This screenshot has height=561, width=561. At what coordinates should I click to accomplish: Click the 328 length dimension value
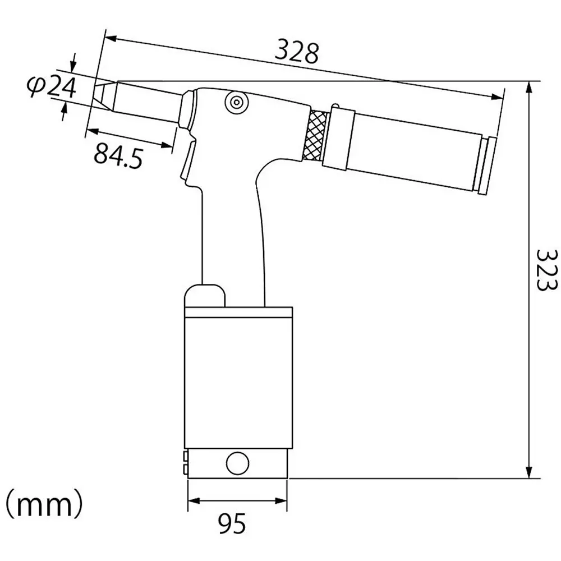coord(296,53)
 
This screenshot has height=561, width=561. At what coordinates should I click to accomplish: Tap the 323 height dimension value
coord(545,269)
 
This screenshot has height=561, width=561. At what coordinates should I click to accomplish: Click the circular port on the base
coord(237,463)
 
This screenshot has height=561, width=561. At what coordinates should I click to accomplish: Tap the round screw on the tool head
coord(236,102)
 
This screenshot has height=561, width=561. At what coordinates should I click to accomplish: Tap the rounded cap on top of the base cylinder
coord(205,295)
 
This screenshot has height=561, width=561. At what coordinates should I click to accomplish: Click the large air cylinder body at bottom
coord(238,381)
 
